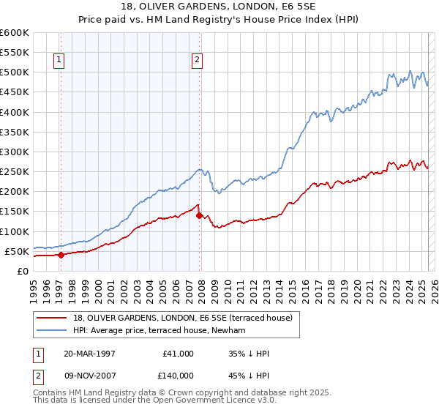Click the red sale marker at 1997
tap(61, 255)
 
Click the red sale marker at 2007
tap(200, 215)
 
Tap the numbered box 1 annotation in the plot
tap(58, 61)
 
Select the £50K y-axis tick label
tap(17, 251)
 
